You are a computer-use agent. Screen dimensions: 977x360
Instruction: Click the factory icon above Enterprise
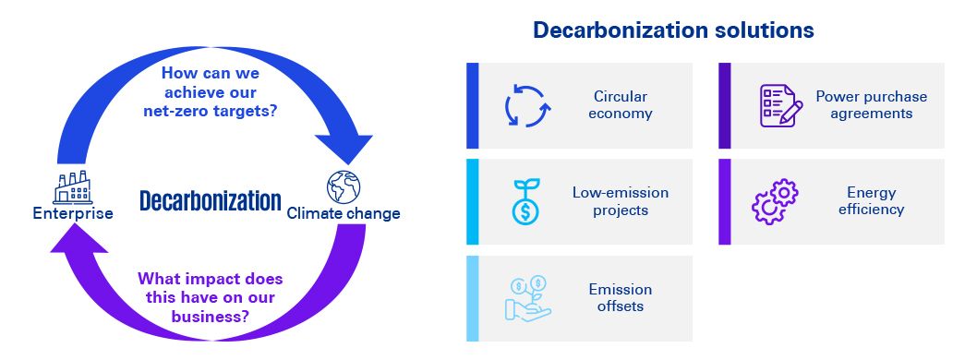click(x=72, y=188)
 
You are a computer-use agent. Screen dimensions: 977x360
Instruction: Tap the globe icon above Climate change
click(x=344, y=186)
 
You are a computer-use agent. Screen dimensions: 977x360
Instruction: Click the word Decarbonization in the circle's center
click(x=211, y=201)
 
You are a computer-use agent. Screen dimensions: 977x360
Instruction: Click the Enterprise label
click(x=73, y=213)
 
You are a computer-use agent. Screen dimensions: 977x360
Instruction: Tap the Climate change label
click(x=344, y=213)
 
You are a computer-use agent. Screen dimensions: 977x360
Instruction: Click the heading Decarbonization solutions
click(x=673, y=30)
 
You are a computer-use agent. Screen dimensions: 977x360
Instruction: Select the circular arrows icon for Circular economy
click(x=527, y=105)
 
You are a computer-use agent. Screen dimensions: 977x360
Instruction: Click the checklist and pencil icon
click(x=780, y=105)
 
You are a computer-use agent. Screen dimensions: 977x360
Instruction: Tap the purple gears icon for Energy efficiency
click(x=775, y=201)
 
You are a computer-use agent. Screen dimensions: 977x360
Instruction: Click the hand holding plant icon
click(x=527, y=298)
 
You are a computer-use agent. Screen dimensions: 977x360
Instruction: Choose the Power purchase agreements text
click(x=871, y=104)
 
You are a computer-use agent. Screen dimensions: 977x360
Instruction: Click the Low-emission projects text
click(x=620, y=201)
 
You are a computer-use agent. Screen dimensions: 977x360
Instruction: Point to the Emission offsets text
click(x=620, y=298)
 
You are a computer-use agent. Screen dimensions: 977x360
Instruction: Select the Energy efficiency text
click(x=871, y=200)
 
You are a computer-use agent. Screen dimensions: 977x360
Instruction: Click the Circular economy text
click(x=620, y=104)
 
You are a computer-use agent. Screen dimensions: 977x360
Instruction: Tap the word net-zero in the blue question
click(x=174, y=113)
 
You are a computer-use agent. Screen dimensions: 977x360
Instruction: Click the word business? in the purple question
click(x=211, y=316)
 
